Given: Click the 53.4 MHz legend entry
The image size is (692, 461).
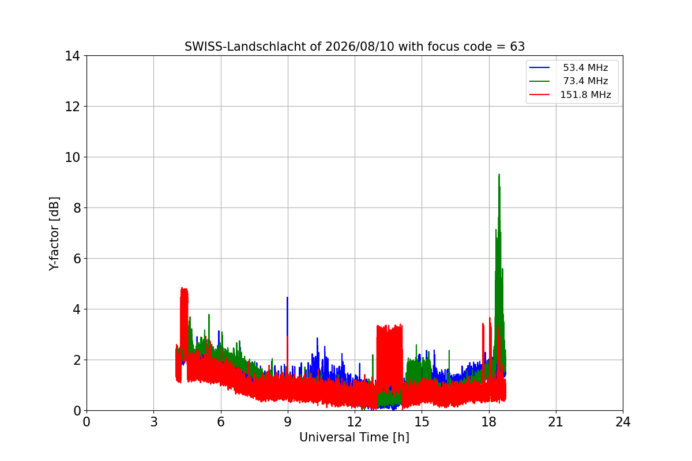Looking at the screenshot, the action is click(585, 67).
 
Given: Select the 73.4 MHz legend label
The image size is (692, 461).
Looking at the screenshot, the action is click(585, 81).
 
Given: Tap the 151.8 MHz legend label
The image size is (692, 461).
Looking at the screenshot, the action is click(585, 95).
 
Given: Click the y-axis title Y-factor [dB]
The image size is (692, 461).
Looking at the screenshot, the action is click(54, 234).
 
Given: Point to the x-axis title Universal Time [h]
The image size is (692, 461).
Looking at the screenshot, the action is click(354, 437).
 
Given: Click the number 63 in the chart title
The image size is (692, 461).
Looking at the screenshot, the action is click(517, 47).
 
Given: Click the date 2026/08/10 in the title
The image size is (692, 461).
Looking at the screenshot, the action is click(360, 47).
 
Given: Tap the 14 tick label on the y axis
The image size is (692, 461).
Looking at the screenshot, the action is click(72, 56).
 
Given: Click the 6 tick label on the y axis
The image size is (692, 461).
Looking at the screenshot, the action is click(77, 259).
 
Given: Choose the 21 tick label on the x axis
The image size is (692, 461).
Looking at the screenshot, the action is click(556, 422).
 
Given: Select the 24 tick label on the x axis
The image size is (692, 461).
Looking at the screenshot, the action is click(623, 422).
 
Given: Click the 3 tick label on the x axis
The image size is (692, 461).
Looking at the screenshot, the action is click(154, 422).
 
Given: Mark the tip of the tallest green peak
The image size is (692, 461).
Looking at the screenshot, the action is click(499, 175).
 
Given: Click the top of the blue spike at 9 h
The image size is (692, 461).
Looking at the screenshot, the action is click(287, 297).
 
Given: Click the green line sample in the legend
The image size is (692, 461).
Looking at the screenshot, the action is click(539, 81).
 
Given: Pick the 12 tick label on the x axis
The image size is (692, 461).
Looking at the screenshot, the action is click(354, 422).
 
